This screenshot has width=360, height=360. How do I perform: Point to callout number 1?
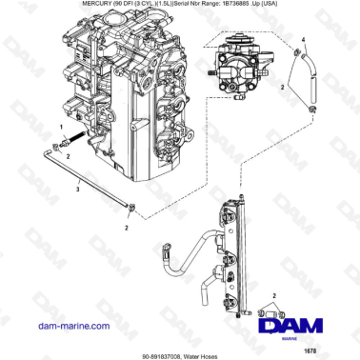tap(62, 127)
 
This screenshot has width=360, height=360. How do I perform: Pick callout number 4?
tap(304, 40)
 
